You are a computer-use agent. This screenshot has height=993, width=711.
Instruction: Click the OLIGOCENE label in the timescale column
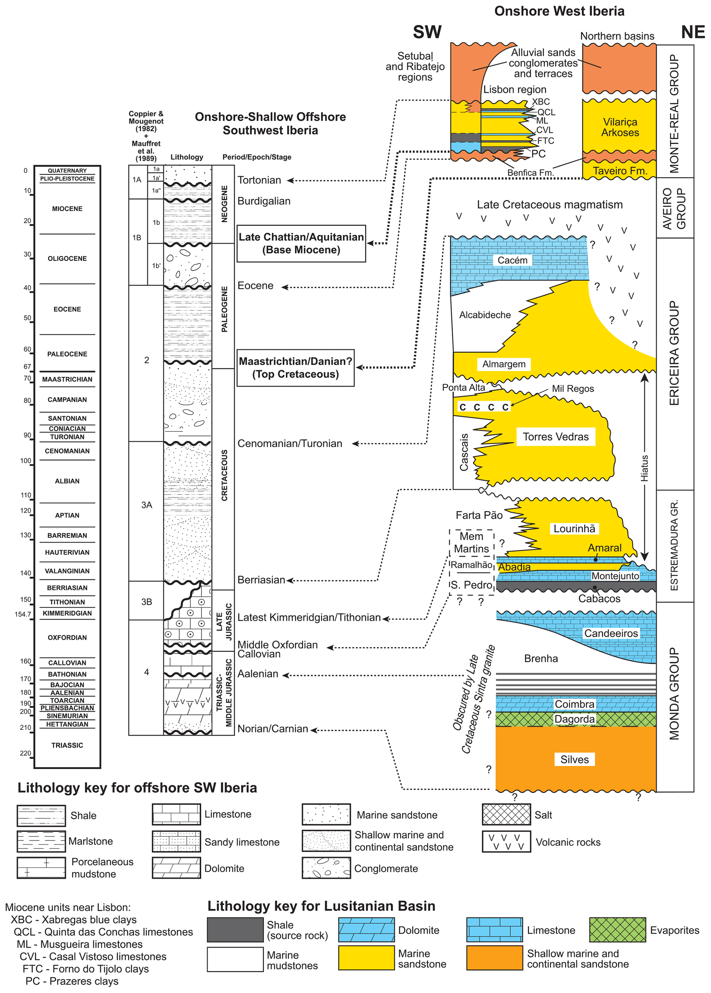tap(67, 259)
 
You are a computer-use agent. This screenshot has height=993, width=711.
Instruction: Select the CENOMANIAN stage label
tap(67, 451)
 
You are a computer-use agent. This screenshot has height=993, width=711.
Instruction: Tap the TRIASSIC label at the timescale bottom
tap(67, 745)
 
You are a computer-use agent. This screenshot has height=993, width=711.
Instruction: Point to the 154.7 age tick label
tap(23, 614)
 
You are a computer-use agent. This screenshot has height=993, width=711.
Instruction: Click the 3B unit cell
tap(146, 602)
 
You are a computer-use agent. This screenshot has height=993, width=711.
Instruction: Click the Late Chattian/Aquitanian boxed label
tap(301, 244)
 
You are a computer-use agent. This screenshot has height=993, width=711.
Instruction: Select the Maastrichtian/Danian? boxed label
tap(295, 368)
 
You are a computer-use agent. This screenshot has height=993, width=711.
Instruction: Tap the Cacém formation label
tap(512, 260)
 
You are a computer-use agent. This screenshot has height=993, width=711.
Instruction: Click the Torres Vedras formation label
tap(556, 436)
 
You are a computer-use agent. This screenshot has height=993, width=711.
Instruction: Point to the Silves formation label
tap(574, 759)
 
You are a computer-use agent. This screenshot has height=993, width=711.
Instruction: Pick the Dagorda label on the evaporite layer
tap(574, 719)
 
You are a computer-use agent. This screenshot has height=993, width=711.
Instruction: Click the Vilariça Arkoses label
tap(620, 127)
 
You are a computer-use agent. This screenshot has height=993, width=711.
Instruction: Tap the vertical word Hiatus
tap(645, 468)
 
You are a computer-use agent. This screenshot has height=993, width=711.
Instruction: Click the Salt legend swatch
tap(506, 814)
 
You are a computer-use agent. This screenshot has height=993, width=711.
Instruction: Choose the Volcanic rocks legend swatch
tap(506, 842)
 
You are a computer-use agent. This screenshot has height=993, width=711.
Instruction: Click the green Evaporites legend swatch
tap(617, 930)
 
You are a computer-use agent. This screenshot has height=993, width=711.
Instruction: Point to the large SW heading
tap(427, 32)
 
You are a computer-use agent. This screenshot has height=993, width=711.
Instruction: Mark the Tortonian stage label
tap(259, 180)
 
